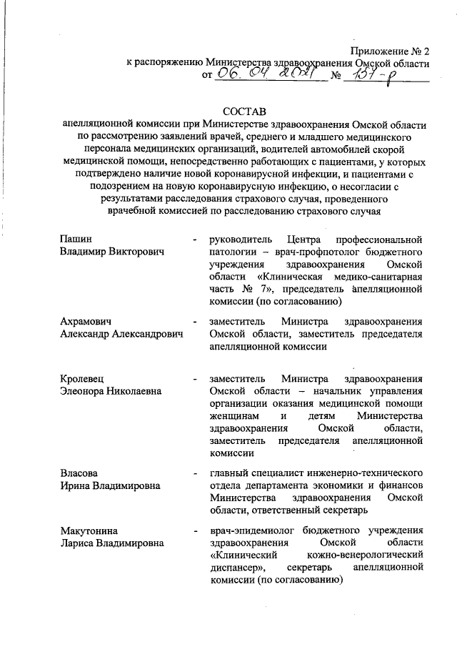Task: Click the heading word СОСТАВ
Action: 243,112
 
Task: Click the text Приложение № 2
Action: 390,51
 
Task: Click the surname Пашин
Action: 75,238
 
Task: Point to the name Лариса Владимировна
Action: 113,543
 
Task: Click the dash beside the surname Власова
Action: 194,473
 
